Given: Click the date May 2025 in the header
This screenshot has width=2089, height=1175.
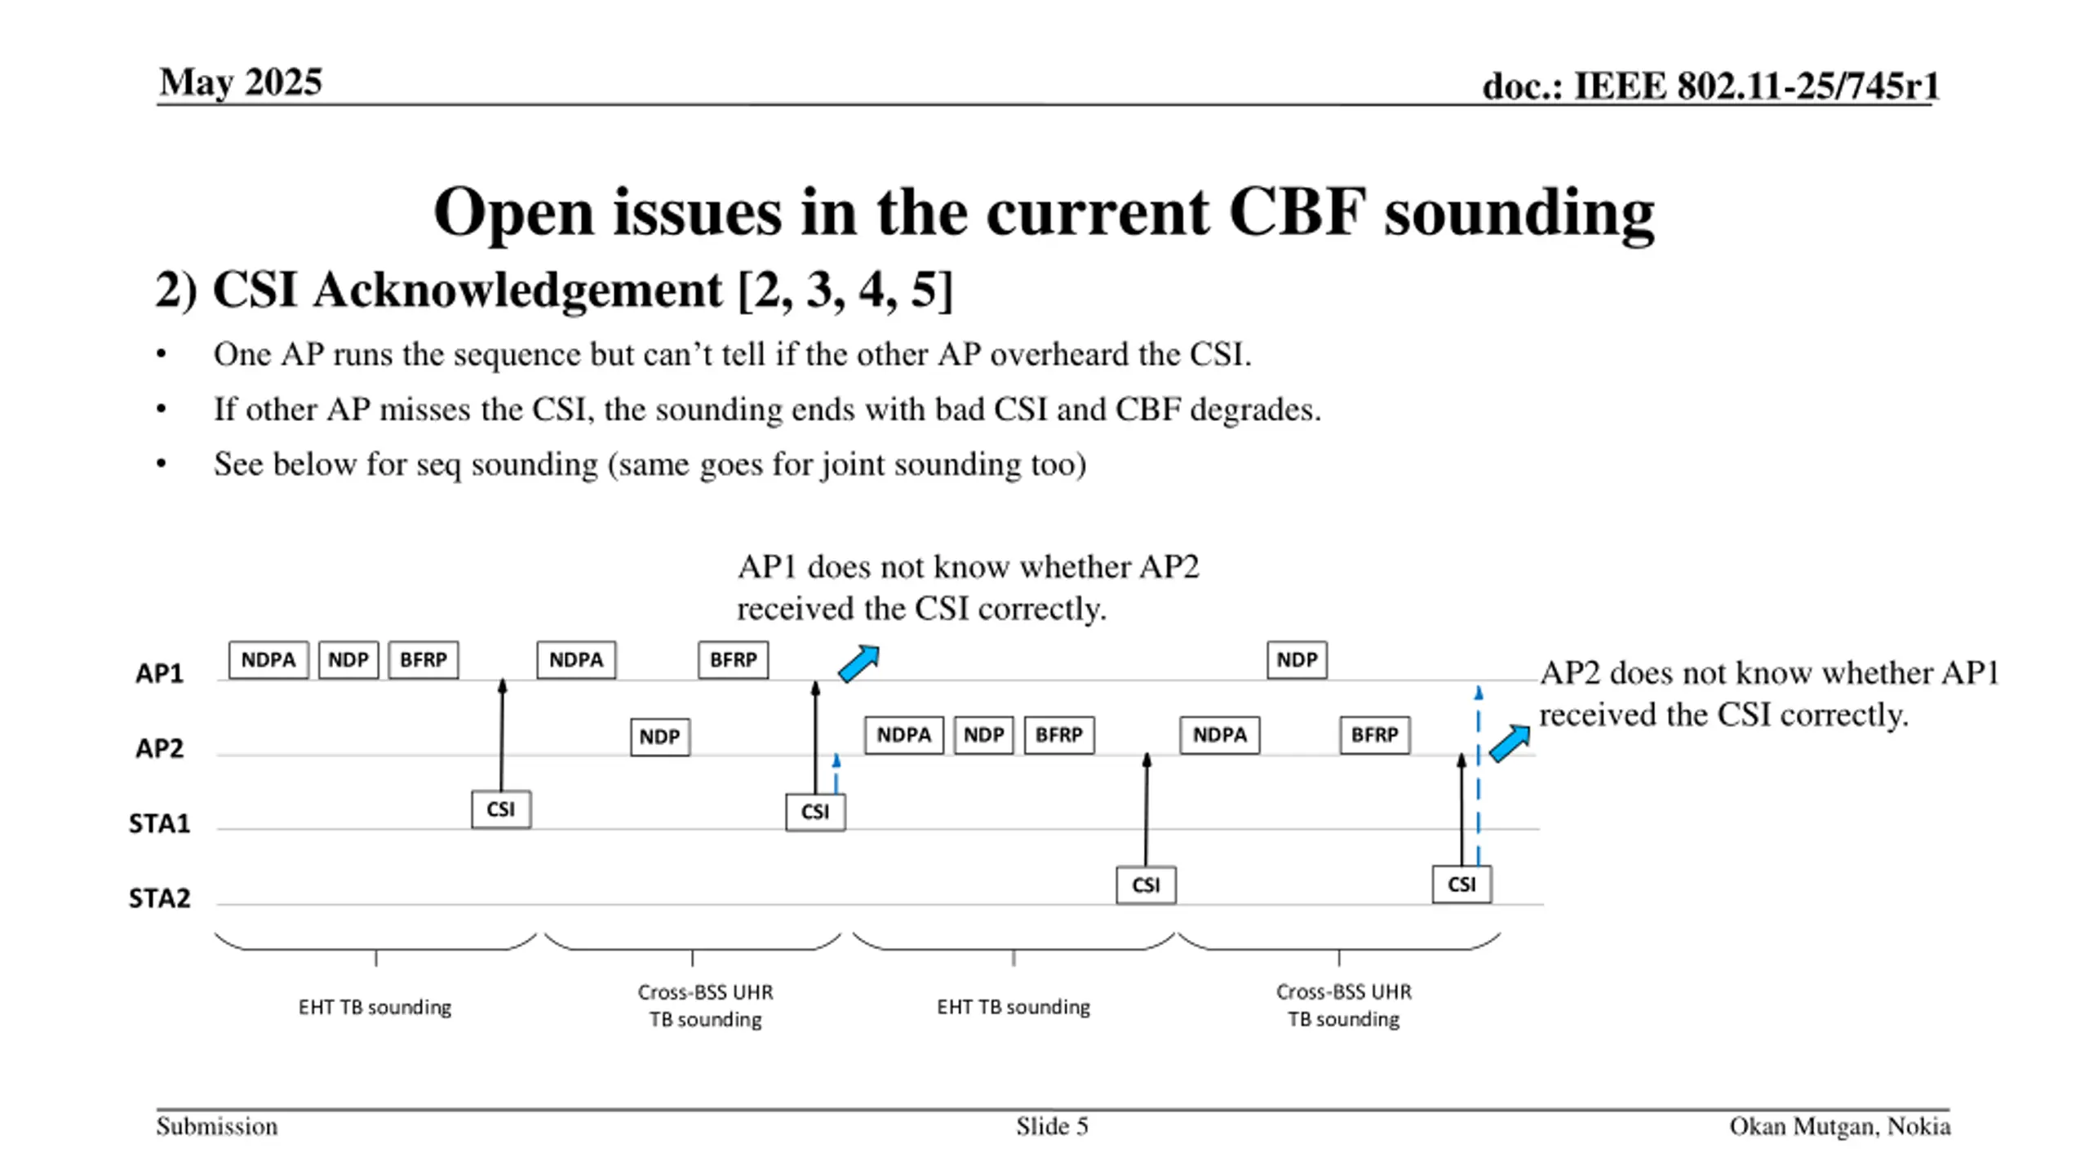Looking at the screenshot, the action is pyautogui.click(x=241, y=82).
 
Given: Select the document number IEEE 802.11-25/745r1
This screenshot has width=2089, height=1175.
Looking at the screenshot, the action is pyautogui.click(x=1756, y=86).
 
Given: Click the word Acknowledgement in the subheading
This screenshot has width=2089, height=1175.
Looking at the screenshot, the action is pyautogui.click(x=518, y=290).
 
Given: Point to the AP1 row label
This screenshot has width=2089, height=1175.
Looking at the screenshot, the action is pyautogui.click(x=159, y=673).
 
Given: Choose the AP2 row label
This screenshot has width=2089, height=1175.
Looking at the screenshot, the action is pyautogui.click(x=159, y=748).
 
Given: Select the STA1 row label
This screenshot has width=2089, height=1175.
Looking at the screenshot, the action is pyautogui.click(x=159, y=823).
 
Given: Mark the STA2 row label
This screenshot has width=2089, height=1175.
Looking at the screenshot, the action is pyautogui.click(x=159, y=898).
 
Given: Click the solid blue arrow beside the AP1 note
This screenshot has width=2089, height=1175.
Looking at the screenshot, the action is pyautogui.click(x=859, y=663).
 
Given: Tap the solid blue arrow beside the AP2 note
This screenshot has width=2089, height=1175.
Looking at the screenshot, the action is pyautogui.click(x=1510, y=743).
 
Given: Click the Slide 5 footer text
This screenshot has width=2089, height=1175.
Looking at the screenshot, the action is pyautogui.click(x=1052, y=1127).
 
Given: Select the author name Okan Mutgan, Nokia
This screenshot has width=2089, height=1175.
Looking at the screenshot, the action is pyautogui.click(x=1840, y=1127).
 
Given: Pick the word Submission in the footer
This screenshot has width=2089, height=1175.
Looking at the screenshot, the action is pyautogui.click(x=217, y=1127).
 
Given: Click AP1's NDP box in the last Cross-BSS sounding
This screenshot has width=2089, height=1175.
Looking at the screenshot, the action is pyautogui.click(x=1297, y=660).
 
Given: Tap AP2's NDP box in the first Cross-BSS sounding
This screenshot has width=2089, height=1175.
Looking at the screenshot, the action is pyautogui.click(x=660, y=737).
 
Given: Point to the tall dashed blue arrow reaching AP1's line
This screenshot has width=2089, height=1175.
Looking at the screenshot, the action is pyautogui.click(x=1479, y=776).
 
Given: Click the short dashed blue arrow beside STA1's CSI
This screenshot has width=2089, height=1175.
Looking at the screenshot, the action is pyautogui.click(x=836, y=774).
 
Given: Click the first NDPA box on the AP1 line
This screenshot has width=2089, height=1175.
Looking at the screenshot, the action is pyautogui.click(x=268, y=660).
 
